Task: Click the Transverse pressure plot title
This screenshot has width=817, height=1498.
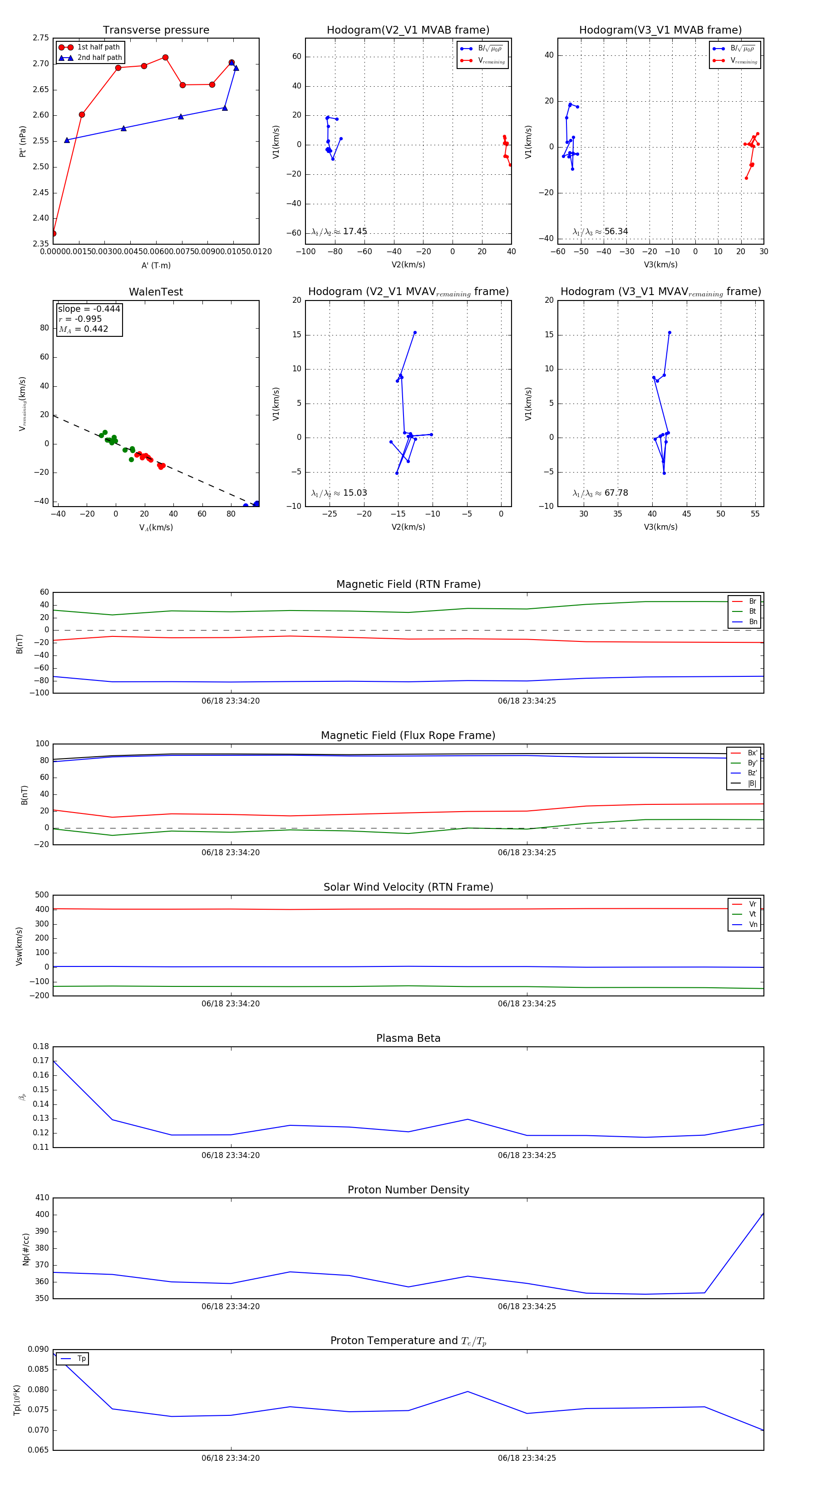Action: coord(156,30)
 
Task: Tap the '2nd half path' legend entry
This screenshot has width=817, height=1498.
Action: coord(99,58)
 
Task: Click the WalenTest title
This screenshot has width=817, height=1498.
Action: coord(156,292)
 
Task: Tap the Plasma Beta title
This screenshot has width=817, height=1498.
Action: coord(408,1038)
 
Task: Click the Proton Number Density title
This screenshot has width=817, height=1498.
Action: coord(408,1190)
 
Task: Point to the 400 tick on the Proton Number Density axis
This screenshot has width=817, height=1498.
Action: coord(42,1214)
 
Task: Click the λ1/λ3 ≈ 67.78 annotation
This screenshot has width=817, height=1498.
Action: coord(600,493)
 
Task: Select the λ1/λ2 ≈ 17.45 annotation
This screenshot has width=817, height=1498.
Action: coord(339,232)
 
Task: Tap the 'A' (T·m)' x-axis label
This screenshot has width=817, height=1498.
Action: coord(156,265)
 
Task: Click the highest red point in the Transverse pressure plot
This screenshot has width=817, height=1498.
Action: coord(165,58)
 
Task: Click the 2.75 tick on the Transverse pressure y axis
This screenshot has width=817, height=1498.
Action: coord(41,38)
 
